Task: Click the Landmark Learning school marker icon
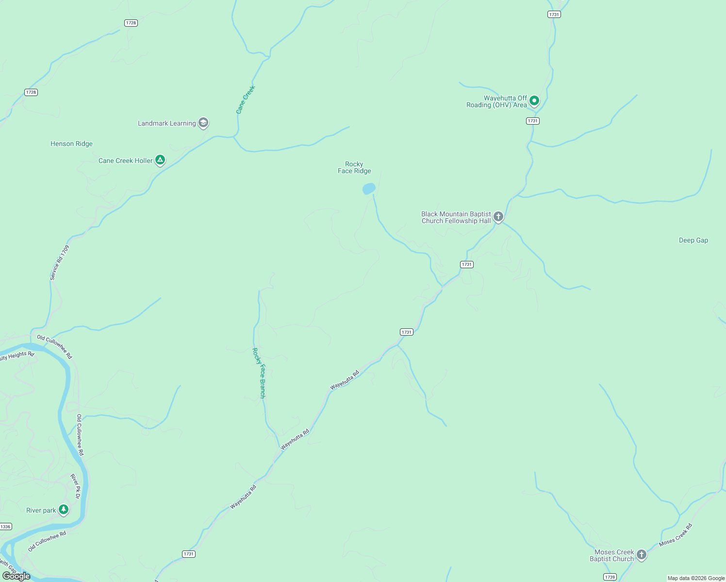tap(203, 123)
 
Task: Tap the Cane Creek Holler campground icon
tap(160, 160)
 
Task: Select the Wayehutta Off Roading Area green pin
tap(534, 101)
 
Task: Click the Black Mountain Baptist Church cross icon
tap(498, 217)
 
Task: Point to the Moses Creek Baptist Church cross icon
tap(642, 555)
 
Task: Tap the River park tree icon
tap(64, 510)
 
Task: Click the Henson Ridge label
tap(71, 144)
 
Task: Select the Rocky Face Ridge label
tap(354, 167)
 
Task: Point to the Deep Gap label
tap(693, 240)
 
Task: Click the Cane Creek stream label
tap(246, 100)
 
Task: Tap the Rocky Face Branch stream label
tap(259, 373)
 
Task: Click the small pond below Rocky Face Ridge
tap(369, 189)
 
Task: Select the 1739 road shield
tap(610, 577)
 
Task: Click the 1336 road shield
tap(5, 527)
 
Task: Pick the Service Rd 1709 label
tap(60, 262)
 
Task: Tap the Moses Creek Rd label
tap(676, 535)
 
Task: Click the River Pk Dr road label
tap(75, 486)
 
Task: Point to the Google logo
tap(16, 576)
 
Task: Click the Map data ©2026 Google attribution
tap(696, 578)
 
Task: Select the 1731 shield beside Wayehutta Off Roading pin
tap(533, 121)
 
